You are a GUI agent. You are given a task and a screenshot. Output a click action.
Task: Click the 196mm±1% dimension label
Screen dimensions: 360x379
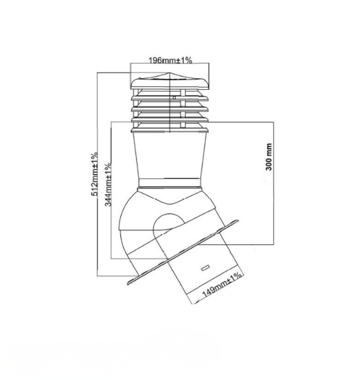(170, 60)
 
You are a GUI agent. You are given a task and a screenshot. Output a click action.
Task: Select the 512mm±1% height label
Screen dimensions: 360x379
(94, 174)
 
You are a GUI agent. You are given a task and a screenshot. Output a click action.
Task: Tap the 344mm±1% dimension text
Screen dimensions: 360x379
(108, 184)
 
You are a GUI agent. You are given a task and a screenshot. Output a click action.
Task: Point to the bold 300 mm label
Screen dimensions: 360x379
(269, 157)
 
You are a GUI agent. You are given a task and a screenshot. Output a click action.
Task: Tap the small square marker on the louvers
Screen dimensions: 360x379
(174, 98)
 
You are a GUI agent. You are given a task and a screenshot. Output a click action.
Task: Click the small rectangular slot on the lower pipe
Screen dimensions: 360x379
(205, 268)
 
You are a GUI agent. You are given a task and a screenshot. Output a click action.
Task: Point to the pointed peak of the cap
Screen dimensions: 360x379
(170, 73)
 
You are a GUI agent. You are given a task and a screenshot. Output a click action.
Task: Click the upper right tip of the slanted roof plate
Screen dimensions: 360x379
(238, 220)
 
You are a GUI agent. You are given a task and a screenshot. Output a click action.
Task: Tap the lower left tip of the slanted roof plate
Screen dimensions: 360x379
(128, 284)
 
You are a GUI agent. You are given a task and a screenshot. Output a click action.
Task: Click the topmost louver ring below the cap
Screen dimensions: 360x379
(170, 98)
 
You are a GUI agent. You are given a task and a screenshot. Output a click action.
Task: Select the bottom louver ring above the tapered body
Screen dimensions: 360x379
(170, 130)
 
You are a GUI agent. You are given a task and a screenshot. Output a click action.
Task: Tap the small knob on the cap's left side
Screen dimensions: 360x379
(139, 78)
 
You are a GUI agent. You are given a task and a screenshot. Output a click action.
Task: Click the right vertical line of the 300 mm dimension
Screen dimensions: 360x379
(274, 183)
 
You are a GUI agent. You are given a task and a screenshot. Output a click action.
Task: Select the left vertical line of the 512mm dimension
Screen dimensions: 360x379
(97, 174)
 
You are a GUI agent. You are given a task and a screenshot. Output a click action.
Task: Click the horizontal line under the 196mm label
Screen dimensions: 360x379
(170, 63)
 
